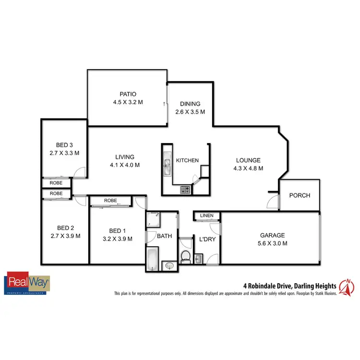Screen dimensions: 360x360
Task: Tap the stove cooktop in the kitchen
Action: (x=185, y=190)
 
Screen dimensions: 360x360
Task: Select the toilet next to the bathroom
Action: (x=186, y=255)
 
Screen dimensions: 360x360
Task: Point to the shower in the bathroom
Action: (x=154, y=220)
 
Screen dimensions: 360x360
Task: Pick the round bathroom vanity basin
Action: (x=168, y=265)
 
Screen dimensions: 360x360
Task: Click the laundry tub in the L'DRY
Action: (x=199, y=260)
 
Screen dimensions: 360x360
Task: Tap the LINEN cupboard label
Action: (x=207, y=216)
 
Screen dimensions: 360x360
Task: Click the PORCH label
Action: (x=300, y=195)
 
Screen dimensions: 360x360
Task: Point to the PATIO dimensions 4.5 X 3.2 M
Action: (x=128, y=102)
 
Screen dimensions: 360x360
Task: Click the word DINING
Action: (x=190, y=104)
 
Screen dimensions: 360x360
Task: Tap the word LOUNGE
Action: (x=248, y=160)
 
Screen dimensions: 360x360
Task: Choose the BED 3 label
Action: (x=64, y=145)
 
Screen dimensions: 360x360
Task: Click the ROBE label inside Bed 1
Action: (x=110, y=201)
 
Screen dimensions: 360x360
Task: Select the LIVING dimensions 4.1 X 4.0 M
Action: (x=124, y=165)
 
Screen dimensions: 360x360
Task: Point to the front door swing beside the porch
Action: (x=273, y=202)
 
